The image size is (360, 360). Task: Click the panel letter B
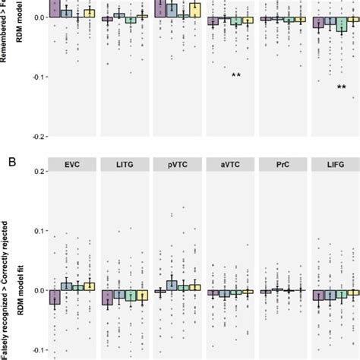(x=9, y=161)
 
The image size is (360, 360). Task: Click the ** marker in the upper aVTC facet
(x=236, y=75)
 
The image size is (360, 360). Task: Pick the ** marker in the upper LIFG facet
(x=342, y=88)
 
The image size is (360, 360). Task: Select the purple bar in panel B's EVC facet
(x=55, y=297)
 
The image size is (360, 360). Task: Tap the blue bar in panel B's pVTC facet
(x=172, y=286)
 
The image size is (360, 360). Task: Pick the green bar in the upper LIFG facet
(x=342, y=24)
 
